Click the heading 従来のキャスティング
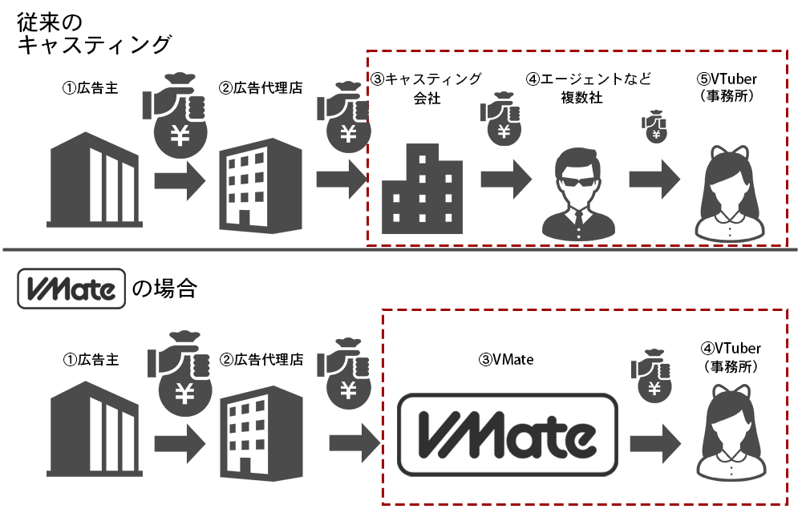click(x=94, y=32)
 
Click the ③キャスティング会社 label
click(x=426, y=89)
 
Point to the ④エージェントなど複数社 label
click(x=588, y=89)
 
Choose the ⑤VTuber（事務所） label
click(x=728, y=89)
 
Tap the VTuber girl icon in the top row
click(x=728, y=192)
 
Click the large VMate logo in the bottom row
click(x=508, y=436)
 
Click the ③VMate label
click(x=506, y=361)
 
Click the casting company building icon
click(x=422, y=188)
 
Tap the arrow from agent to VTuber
click(x=654, y=179)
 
